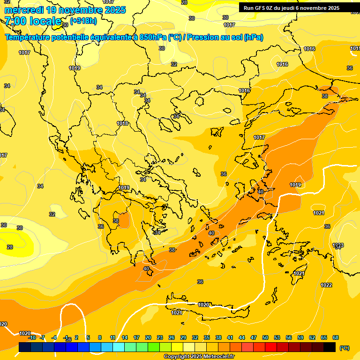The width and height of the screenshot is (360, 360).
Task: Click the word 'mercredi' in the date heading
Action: pos(24,10)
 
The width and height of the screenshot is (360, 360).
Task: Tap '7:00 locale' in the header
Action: pos(33,21)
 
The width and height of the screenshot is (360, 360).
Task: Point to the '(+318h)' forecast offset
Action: pos(83,21)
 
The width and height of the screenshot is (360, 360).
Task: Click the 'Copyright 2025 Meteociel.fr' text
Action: pos(199,357)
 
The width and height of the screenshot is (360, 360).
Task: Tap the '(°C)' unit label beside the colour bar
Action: pos(345,348)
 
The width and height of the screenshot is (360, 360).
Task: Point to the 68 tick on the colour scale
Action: pos(336,337)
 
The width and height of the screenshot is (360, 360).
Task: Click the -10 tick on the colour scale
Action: pos(32,337)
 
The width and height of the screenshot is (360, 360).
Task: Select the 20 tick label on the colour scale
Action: pos(148,337)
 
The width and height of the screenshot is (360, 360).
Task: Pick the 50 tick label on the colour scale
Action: pos(265,337)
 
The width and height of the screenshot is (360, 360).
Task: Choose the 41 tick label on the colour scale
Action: pos(230,337)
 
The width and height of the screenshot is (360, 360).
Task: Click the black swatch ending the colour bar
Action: pos(330,347)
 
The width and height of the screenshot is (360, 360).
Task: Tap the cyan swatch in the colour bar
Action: pos(119,347)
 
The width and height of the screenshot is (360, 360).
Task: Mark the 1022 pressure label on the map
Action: pos(326,285)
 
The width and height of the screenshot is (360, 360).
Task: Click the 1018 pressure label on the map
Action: pos(122,123)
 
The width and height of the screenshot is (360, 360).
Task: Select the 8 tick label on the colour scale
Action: pos(100,337)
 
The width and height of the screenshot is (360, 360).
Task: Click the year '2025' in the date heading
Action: pos(112,10)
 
